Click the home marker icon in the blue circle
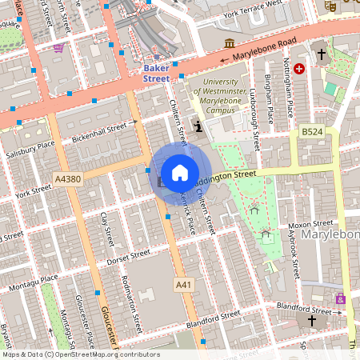180,173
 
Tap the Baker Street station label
156,74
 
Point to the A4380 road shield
68,180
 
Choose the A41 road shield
184,284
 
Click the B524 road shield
312,131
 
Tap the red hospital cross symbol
300,70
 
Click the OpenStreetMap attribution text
80,354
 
